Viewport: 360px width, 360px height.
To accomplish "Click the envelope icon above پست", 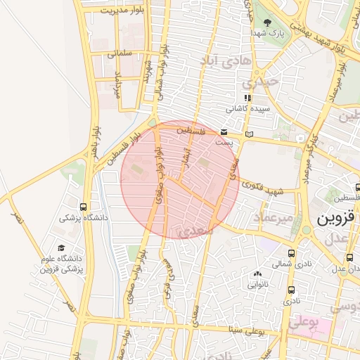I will (x=224, y=132).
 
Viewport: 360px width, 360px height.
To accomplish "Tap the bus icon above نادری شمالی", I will (x=291, y=254).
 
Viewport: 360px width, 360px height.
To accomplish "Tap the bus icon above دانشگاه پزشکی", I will (x=84, y=207).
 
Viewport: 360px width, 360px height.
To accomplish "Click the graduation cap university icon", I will (x=62, y=247).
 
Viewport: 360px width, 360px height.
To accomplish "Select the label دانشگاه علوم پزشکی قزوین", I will (x=62, y=264).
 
